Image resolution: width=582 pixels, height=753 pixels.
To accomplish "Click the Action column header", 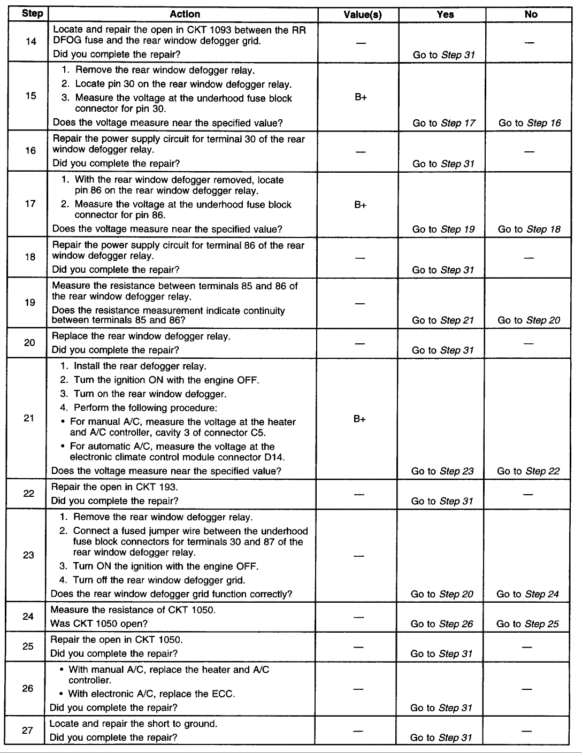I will pos(185,14).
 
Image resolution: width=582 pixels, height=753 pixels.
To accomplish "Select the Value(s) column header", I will pos(362,14).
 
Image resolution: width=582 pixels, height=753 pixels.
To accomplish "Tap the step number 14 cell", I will pos(31,42).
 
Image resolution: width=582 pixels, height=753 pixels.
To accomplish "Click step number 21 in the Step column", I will pos(29,418).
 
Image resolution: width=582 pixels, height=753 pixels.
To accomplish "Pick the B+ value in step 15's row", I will pos(361,98).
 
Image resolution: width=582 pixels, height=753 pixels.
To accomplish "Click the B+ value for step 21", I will pos(359,419).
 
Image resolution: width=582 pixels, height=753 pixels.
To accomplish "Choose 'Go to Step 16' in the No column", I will pos(530,123).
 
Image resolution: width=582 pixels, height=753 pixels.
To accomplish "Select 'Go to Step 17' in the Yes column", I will pos(443,123).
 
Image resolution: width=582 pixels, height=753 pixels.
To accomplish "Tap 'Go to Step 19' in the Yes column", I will pos(443,229).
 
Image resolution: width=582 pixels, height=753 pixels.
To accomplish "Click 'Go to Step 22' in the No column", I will pos(528,471).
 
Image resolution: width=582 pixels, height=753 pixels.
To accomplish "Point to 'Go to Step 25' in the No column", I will pos(527,624).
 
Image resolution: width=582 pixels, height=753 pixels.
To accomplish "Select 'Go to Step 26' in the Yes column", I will pos(442,624).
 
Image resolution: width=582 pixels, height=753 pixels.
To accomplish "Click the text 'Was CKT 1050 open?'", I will pos(99,624).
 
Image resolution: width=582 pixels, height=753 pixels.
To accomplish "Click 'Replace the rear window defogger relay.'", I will pos(141,336).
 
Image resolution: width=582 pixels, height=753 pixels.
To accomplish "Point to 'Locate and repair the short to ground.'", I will pos(133,724).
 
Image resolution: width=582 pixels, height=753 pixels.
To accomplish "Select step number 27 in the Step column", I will pos(28,730).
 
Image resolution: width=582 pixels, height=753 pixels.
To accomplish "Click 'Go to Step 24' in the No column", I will pos(527,594).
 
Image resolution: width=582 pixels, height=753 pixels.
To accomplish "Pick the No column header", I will pos(531,14).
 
